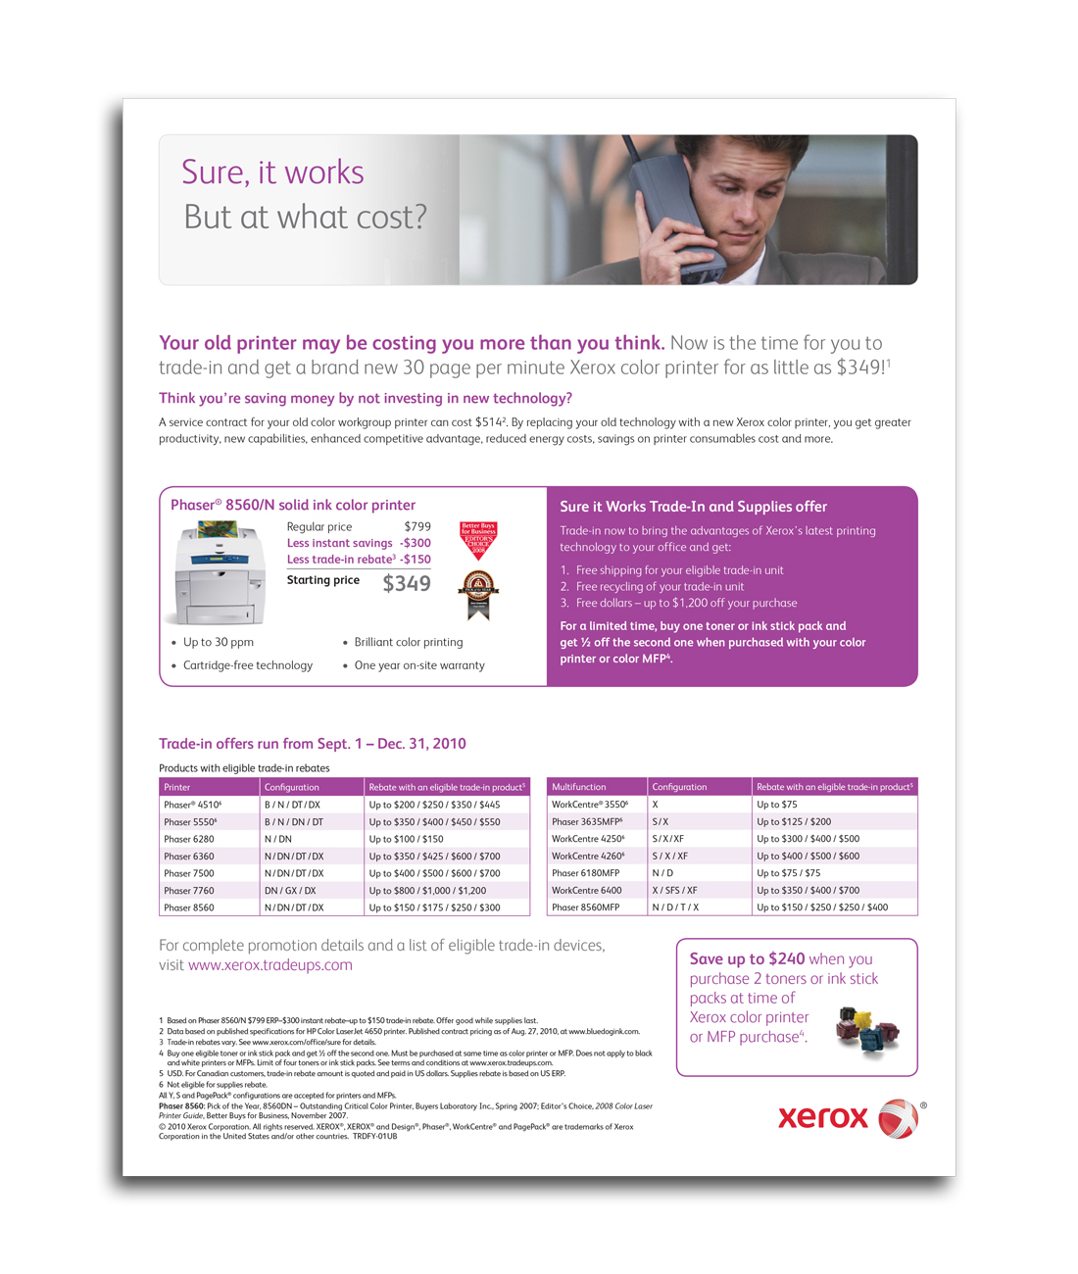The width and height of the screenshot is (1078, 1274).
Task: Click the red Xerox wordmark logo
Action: click(x=823, y=1117)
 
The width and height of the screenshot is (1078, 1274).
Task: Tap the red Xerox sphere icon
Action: click(x=898, y=1118)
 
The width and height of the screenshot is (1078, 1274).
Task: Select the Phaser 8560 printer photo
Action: click(x=219, y=573)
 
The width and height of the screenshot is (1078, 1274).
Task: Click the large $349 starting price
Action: click(x=407, y=584)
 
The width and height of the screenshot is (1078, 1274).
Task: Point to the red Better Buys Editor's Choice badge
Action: click(x=478, y=539)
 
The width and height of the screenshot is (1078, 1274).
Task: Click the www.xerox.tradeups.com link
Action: click(x=269, y=965)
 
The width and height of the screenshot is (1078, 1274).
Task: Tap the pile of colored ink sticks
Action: click(x=867, y=1031)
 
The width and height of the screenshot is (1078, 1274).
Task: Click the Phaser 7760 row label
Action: click(x=189, y=891)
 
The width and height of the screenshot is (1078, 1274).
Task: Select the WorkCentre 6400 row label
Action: click(x=586, y=891)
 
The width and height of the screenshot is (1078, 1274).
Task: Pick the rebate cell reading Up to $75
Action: click(x=777, y=805)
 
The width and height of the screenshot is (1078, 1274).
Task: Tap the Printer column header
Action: click(x=177, y=787)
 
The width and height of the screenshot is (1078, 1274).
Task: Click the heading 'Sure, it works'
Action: click(x=272, y=172)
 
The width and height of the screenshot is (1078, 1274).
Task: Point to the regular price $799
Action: click(x=417, y=526)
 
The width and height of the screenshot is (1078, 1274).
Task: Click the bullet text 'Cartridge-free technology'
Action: click(x=248, y=665)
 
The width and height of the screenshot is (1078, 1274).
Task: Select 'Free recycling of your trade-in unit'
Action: click(x=660, y=586)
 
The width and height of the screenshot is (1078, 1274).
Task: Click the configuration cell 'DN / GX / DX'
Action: click(x=290, y=891)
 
